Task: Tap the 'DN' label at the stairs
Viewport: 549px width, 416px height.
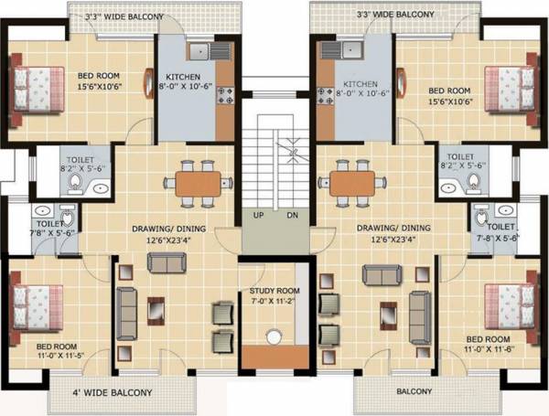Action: (292, 216)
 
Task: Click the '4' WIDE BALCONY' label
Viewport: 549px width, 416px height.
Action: (113, 394)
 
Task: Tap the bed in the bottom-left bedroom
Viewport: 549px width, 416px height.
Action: (36, 302)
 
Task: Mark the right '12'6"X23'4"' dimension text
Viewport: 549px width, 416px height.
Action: (376, 241)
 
